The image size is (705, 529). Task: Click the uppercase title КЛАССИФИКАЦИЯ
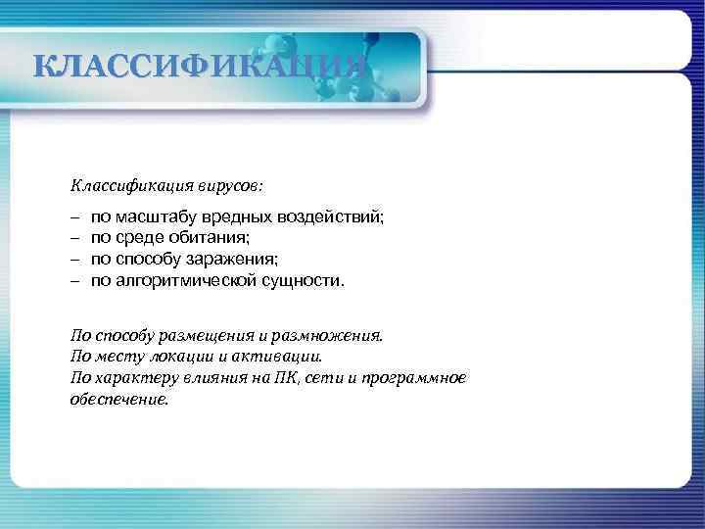(200, 68)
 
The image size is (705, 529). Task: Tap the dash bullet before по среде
(74, 237)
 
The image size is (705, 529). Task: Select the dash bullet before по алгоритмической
(74, 280)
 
